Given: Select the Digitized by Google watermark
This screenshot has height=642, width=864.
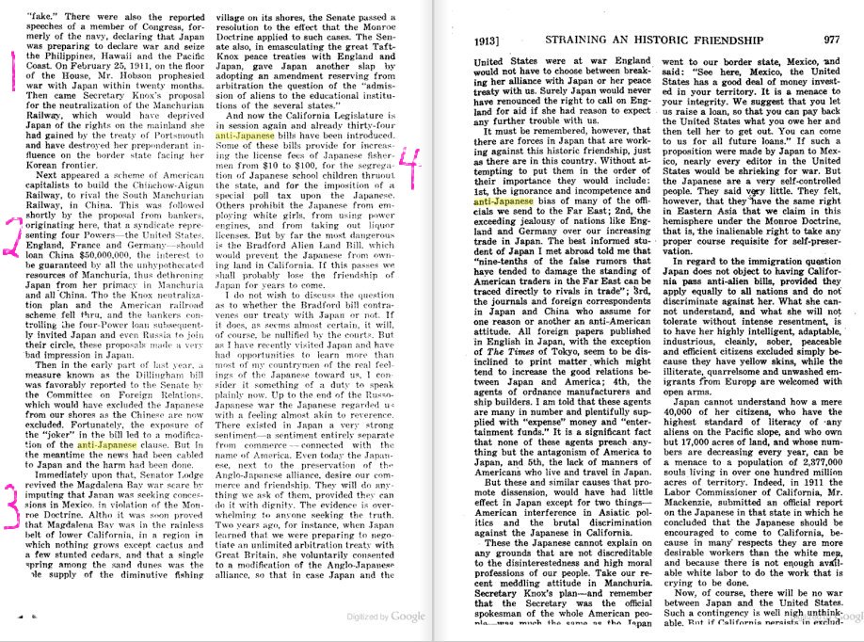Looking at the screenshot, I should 387,615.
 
